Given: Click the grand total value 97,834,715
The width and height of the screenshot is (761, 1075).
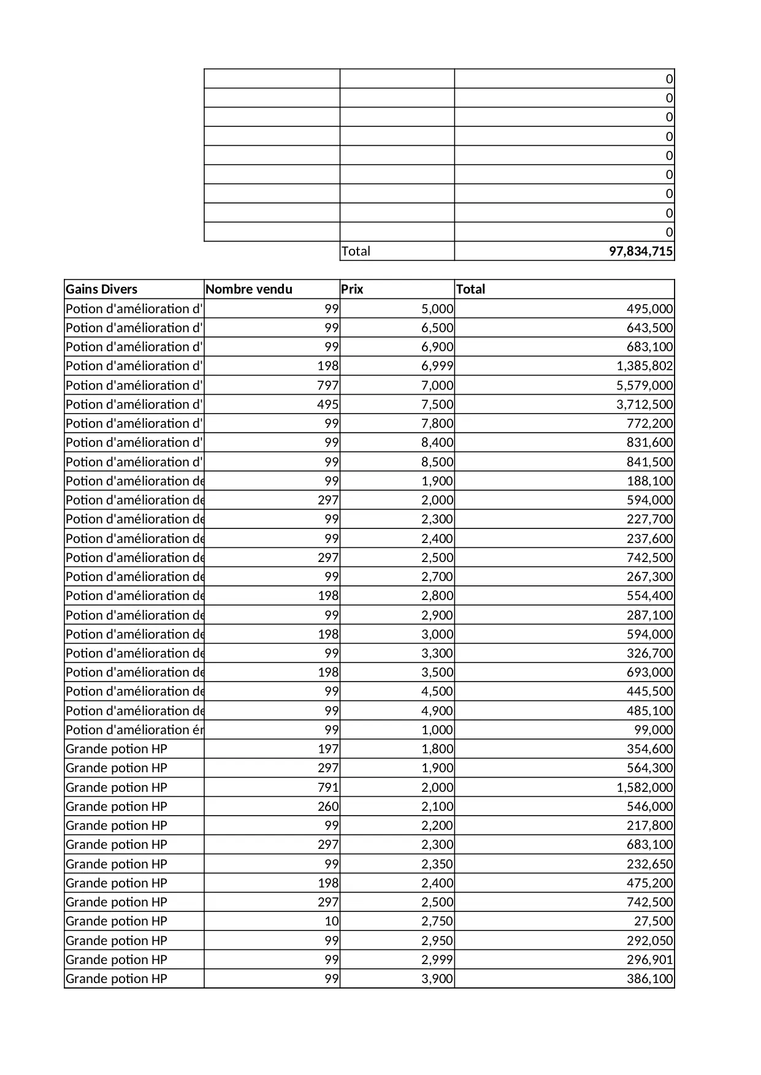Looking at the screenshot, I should click(640, 251).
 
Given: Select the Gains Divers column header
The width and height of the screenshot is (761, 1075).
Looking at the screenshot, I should click(102, 289).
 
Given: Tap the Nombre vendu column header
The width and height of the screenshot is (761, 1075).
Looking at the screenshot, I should click(249, 289).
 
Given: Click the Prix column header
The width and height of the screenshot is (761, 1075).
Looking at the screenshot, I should click(353, 289).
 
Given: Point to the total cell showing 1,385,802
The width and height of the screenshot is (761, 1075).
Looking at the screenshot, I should click(644, 366).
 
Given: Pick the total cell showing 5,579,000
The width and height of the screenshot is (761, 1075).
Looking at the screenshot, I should click(644, 386).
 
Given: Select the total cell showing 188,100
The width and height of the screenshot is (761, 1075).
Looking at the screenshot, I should click(649, 481).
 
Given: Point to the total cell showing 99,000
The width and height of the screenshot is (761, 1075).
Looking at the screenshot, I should click(653, 730).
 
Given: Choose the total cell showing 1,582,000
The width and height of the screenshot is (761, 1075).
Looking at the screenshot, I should click(644, 788).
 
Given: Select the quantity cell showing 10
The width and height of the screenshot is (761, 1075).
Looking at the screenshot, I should click(331, 921).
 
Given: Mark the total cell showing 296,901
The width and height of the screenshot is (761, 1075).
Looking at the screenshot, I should click(649, 960).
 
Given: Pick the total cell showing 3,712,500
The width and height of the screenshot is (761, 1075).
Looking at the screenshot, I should click(644, 405).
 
